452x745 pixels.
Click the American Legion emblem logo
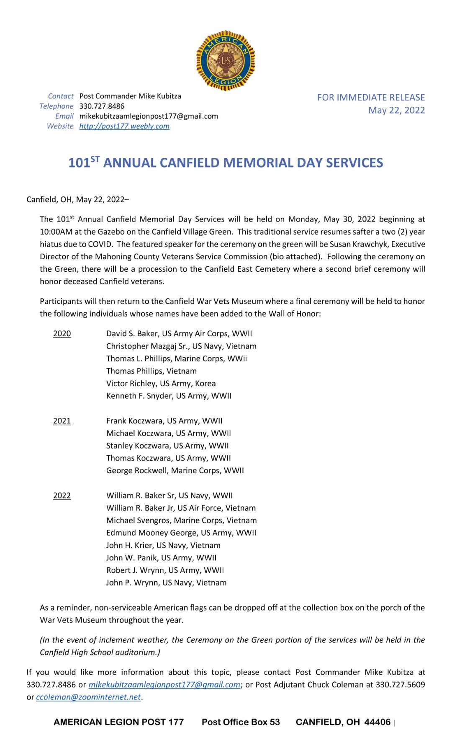226,60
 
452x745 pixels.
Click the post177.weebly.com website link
124,126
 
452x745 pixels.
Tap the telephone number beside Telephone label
102,106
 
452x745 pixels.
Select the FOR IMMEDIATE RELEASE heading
371,98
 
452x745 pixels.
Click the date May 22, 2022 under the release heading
396,110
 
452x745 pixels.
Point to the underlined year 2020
62,334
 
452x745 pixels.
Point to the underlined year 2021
62,421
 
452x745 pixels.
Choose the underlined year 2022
62,495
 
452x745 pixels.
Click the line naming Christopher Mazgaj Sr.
181,346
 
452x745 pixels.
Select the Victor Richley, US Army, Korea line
161,383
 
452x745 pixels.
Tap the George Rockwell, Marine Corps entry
175,470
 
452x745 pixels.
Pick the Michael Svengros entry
181,520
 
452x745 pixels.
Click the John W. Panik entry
161,557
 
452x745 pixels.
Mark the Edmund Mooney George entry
181,533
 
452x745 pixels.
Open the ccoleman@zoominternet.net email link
88,697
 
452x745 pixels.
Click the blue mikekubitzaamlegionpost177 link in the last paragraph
164,684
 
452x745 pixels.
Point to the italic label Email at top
64,116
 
